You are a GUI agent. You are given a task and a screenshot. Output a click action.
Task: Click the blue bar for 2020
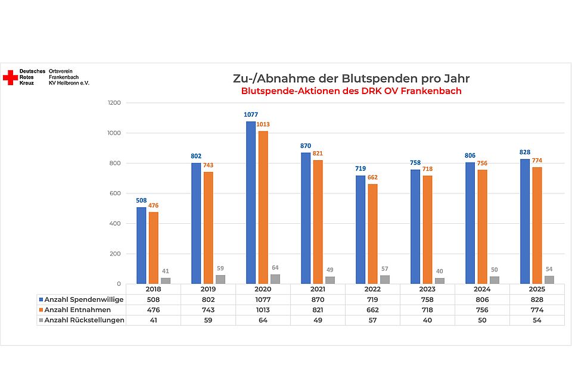click(251, 202)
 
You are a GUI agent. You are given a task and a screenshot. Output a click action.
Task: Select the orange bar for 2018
click(154, 248)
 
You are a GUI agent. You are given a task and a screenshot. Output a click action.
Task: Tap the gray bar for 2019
click(220, 279)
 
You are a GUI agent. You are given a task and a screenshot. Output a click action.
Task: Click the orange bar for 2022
click(372, 234)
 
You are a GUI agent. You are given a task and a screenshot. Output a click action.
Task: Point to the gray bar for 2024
click(495, 280)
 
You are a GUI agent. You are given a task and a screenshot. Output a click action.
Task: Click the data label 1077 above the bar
click(251, 114)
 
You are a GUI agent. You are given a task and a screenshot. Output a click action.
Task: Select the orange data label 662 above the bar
click(373, 177)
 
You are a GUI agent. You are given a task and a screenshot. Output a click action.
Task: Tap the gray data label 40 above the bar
click(440, 271)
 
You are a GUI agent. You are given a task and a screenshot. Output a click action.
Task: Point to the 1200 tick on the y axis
click(114, 103)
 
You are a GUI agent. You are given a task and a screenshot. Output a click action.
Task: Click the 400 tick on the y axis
click(115, 224)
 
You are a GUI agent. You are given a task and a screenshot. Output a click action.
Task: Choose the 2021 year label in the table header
click(318, 289)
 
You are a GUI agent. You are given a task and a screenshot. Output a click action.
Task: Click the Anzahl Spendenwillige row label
click(84, 299)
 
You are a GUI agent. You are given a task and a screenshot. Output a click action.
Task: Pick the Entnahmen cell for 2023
click(428, 310)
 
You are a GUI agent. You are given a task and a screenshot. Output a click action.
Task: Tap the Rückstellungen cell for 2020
click(263, 320)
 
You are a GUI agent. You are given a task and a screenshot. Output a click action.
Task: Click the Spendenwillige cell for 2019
click(208, 299)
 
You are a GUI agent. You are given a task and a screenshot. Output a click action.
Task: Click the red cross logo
click(10, 77)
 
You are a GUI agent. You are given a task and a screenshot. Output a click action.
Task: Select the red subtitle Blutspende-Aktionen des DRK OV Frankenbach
click(351, 92)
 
